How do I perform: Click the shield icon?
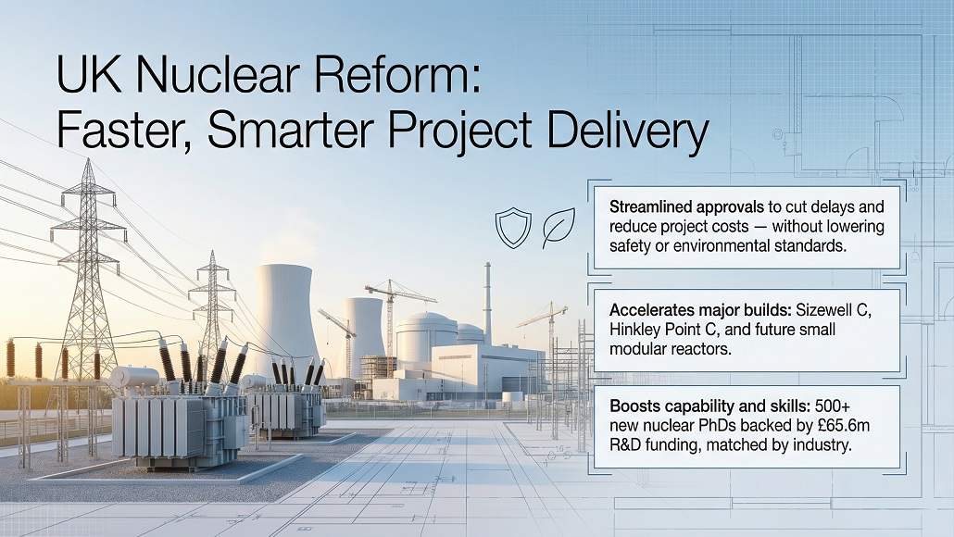pos(512,228)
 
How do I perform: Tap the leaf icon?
pos(559,228)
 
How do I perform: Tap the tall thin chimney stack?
pos(487,302)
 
